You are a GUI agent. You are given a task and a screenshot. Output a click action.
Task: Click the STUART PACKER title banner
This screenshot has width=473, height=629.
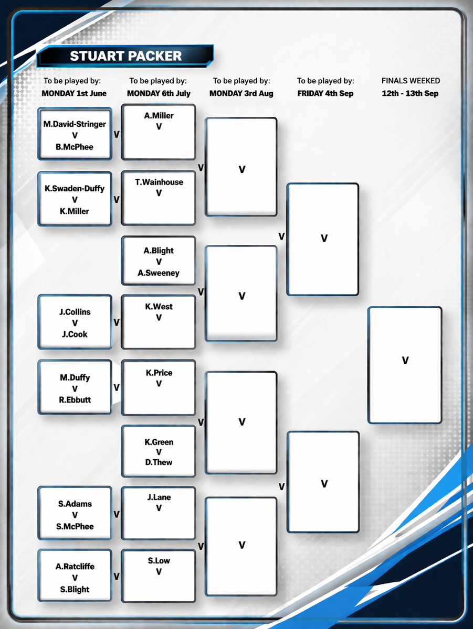(125, 56)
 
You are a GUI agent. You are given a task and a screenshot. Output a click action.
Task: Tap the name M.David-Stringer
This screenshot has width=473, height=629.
(75, 124)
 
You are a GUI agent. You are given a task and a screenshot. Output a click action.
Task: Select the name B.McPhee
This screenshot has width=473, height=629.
(75, 147)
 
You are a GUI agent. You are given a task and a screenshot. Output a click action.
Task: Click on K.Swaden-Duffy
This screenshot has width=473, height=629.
(75, 189)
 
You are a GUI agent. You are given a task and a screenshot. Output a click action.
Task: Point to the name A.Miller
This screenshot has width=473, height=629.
(159, 115)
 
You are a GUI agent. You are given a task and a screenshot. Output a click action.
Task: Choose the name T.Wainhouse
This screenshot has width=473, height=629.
(159, 182)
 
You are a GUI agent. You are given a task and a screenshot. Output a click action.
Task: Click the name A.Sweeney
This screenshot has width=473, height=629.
(159, 273)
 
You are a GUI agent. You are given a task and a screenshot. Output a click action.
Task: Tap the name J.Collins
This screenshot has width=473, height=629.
(75, 312)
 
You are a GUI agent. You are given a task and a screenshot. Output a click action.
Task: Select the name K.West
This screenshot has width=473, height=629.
(159, 307)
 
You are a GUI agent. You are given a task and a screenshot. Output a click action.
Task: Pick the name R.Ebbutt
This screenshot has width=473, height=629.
(75, 399)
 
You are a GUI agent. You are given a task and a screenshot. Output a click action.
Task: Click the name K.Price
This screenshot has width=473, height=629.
(159, 373)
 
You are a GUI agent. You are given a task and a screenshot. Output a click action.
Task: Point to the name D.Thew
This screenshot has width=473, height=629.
(159, 462)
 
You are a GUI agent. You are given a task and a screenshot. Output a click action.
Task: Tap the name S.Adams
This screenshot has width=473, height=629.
(75, 504)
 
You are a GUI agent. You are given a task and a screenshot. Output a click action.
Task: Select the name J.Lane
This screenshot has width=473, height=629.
(159, 497)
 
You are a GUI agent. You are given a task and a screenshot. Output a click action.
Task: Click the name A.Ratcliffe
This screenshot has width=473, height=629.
(75, 567)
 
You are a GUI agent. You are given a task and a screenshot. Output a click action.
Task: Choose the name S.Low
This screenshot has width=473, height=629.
(159, 560)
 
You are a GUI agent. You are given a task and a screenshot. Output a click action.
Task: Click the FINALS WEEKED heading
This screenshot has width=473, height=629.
(411, 81)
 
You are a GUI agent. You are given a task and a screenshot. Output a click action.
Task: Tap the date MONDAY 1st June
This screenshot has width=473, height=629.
(74, 93)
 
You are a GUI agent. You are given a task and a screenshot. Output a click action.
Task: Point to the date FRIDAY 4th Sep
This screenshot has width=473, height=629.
(325, 93)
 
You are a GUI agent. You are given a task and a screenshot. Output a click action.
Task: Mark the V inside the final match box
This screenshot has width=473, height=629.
(405, 361)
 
